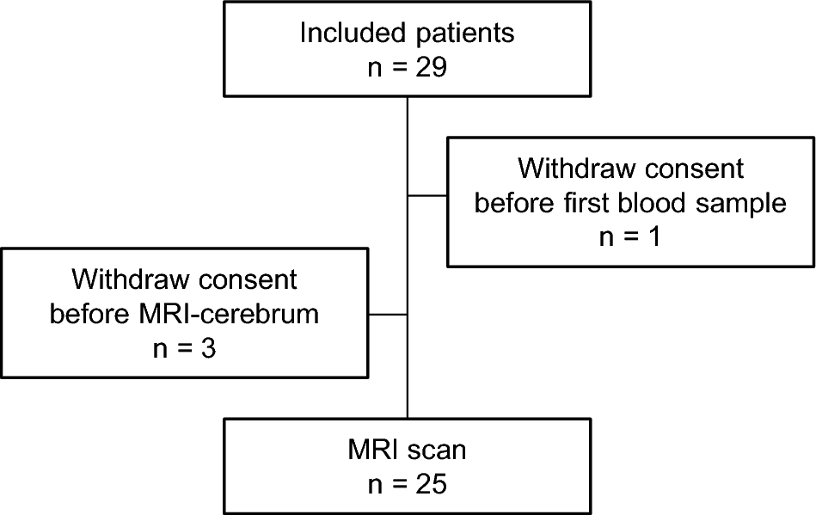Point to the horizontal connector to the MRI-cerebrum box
tap(386, 314)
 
